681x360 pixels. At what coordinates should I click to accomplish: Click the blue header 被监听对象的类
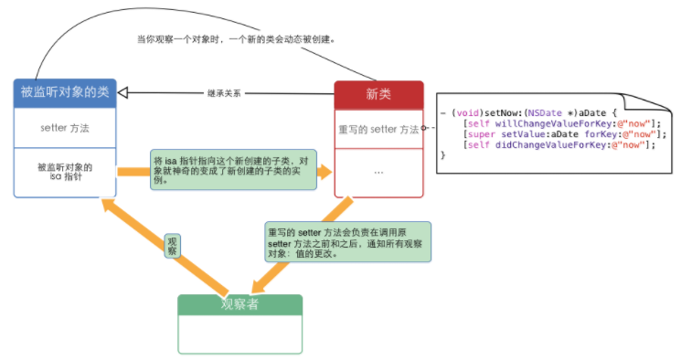pos(65,92)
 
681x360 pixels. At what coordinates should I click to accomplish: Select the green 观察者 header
pos(239,305)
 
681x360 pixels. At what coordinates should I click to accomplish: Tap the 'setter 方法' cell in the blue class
pos(65,128)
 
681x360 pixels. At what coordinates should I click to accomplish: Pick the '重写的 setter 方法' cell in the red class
pos(378,130)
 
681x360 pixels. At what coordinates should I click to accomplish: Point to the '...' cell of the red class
pos(378,173)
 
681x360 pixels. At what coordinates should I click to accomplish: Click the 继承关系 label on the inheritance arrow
pos(225,93)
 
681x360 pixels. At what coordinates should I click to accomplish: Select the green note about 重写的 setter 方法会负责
pos(346,241)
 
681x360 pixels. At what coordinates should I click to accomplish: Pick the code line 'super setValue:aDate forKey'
pos(559,133)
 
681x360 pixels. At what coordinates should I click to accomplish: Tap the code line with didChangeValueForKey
pos(559,144)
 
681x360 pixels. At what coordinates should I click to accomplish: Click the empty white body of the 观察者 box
pos(239,334)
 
